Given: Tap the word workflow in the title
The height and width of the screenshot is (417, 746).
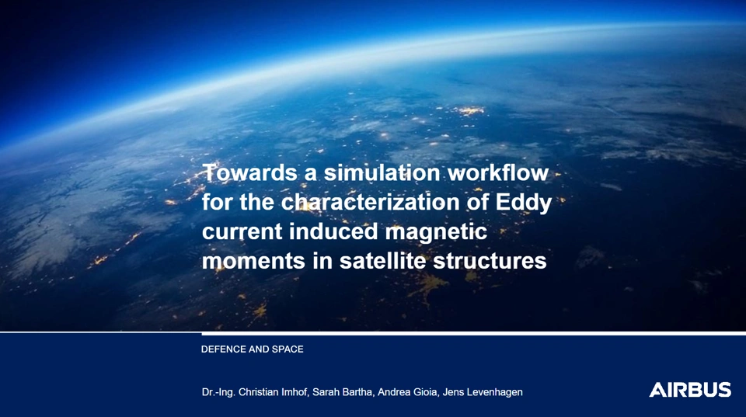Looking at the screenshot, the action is click(498, 172).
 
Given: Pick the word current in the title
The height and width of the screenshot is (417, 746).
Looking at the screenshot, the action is click(242, 232).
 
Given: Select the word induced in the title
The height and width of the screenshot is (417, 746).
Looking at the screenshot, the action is click(333, 231).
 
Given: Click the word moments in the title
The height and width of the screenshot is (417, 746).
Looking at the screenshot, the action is click(253, 262).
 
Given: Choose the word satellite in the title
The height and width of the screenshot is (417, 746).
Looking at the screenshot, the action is click(382, 261).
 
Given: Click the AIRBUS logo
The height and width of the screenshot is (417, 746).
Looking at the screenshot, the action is click(690, 390).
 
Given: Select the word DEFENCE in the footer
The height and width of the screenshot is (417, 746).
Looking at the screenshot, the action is click(224, 349).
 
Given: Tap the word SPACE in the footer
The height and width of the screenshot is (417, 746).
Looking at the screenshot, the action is click(288, 349).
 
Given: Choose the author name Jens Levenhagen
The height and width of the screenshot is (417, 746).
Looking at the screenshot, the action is click(483, 393).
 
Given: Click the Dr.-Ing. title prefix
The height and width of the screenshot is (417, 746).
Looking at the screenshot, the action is click(218, 393).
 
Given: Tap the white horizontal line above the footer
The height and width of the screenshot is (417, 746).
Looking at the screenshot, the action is click(373, 332).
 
